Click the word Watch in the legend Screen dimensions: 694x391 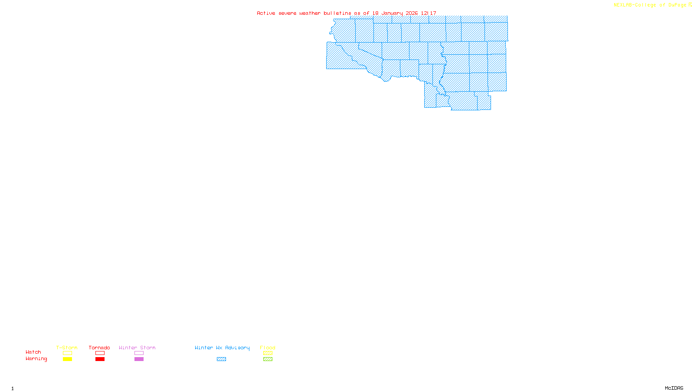click(x=33, y=352)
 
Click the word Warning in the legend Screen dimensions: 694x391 click(x=36, y=359)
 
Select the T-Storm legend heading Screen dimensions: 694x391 click(x=67, y=348)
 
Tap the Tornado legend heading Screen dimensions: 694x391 click(x=99, y=348)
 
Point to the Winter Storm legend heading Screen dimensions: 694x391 click(x=137, y=348)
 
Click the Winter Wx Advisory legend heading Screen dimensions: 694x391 click(x=222, y=348)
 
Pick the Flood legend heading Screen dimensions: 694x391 click(x=268, y=348)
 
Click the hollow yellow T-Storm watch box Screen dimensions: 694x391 click(x=67, y=353)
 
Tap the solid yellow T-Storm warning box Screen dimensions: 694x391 click(x=67, y=359)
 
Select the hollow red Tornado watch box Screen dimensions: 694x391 click(x=100, y=353)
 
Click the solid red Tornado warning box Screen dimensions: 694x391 click(x=100, y=359)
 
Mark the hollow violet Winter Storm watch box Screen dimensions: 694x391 click(x=139, y=353)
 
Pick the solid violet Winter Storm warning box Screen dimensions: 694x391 click(x=139, y=359)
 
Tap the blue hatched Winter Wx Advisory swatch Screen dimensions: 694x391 click(x=221, y=359)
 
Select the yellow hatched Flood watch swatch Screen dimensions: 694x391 click(x=268, y=353)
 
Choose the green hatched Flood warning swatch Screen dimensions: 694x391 click(x=268, y=359)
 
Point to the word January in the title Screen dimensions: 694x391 click(x=392, y=13)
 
